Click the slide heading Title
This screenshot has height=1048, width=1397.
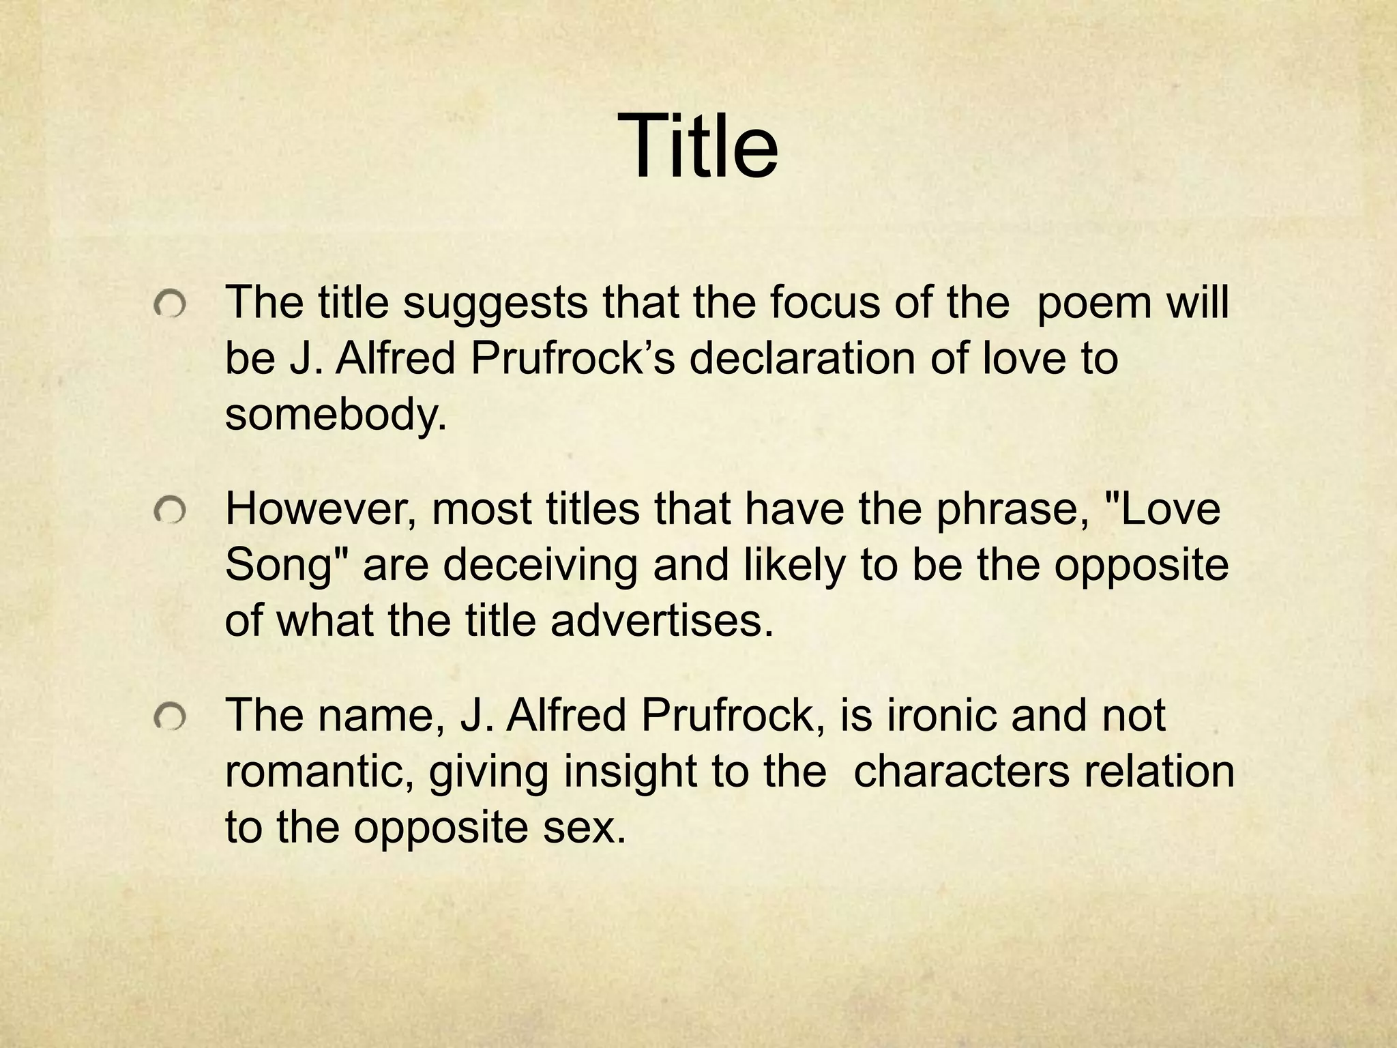pos(698,147)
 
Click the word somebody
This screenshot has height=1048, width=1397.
pos(336,414)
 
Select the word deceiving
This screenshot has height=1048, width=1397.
pos(540,566)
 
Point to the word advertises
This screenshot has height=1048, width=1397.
pos(662,621)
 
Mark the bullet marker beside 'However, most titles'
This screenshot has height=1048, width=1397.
pos(169,511)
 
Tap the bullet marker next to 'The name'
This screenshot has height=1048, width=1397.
pos(169,717)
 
